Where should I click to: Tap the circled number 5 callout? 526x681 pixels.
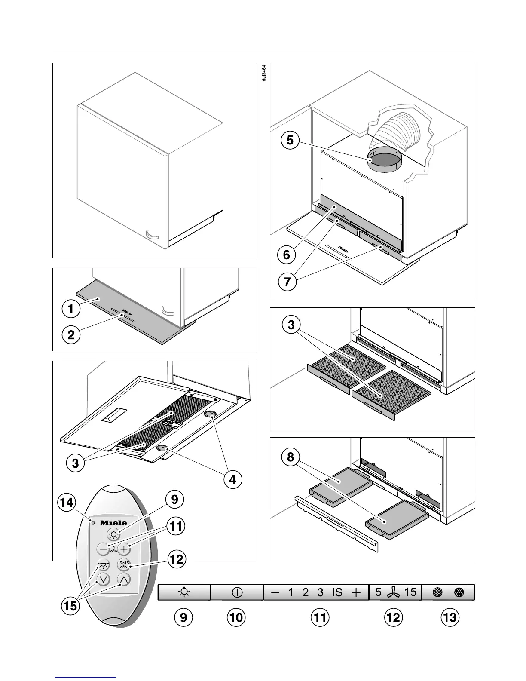click(291, 140)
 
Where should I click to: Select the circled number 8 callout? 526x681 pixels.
click(291, 457)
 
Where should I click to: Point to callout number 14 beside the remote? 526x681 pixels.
click(67, 503)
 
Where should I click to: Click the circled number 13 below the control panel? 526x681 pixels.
click(450, 618)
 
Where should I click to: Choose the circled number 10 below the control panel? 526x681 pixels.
click(236, 618)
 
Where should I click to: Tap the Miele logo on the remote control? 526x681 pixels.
click(113, 523)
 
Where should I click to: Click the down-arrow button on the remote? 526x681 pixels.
click(103, 579)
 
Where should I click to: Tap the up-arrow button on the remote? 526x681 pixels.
click(124, 579)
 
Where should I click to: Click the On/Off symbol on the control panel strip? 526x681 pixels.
click(237, 592)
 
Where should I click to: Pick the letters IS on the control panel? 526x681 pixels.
click(337, 592)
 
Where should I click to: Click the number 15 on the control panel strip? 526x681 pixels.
click(410, 592)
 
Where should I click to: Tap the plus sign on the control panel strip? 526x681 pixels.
click(356, 592)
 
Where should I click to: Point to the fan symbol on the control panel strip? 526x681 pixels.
click(393, 593)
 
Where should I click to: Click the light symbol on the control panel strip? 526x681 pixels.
click(184, 592)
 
